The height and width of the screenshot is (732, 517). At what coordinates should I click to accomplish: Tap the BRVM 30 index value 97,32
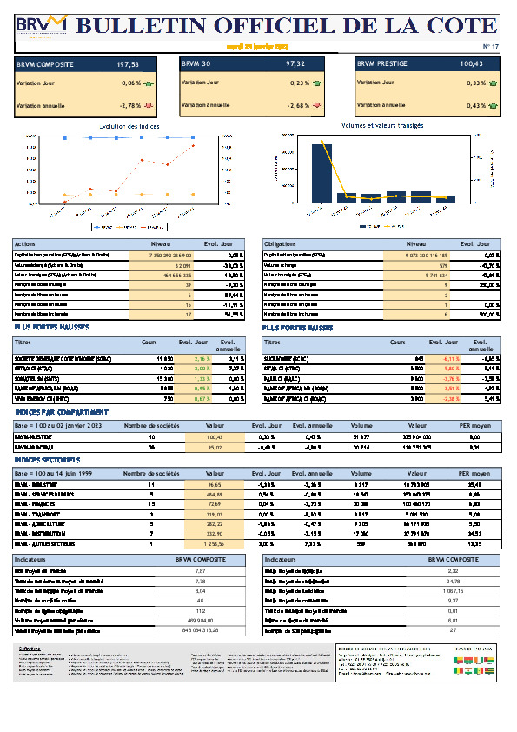295,64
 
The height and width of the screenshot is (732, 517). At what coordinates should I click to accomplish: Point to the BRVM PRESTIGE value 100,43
472,64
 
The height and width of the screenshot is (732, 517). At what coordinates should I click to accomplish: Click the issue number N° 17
491,47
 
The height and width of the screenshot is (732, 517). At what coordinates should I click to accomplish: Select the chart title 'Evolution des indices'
129,127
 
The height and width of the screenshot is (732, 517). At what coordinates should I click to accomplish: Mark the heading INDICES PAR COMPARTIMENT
61,411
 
